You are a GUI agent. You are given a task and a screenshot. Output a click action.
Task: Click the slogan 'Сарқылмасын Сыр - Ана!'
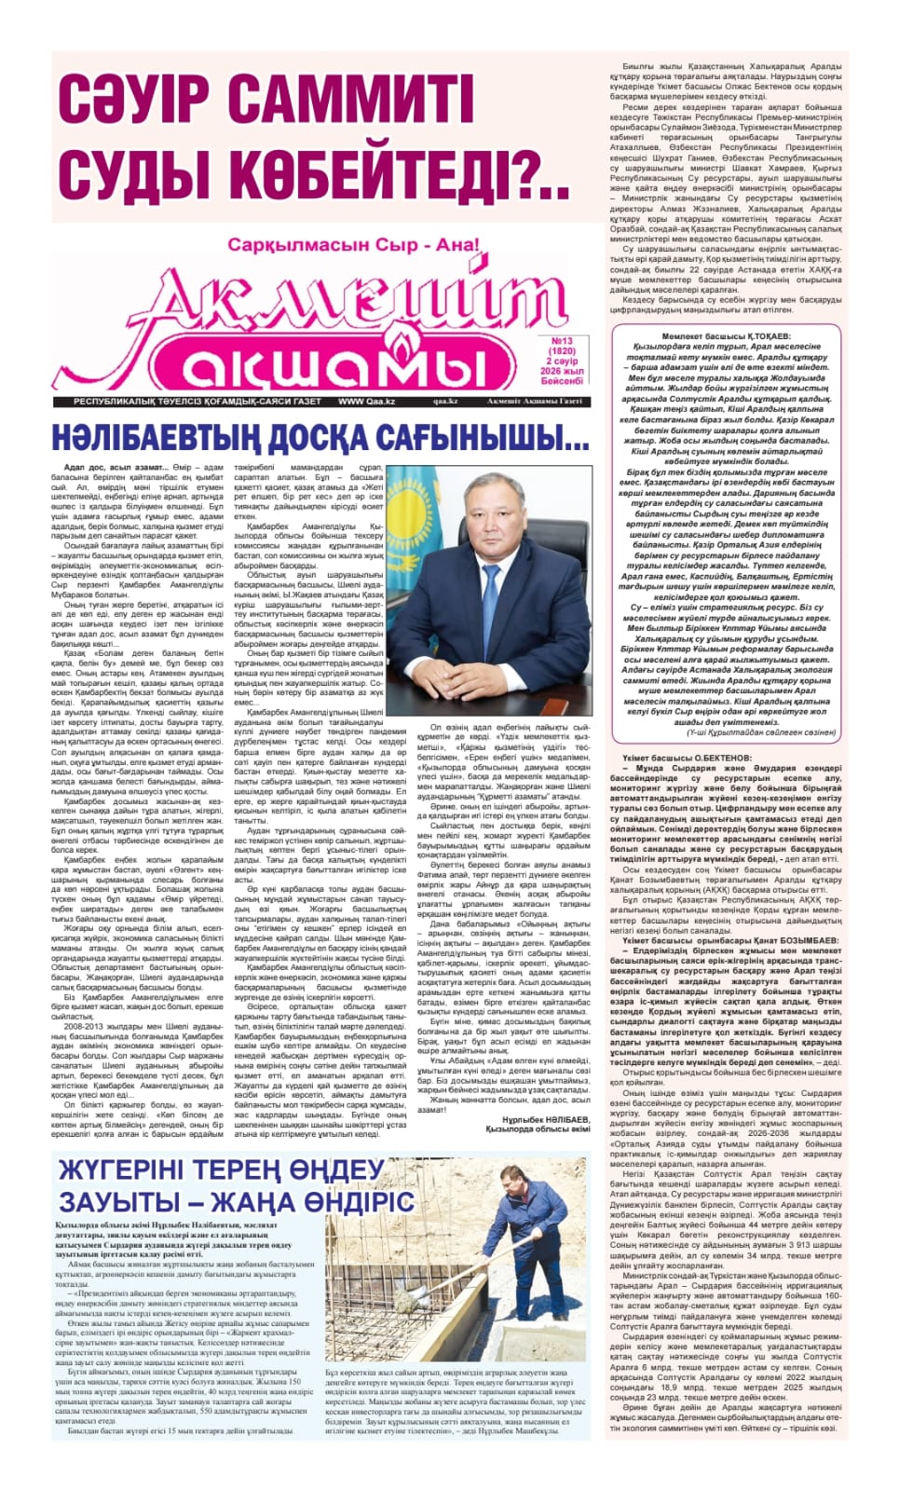click(353, 246)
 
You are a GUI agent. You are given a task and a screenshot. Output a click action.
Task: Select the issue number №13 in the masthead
click(562, 341)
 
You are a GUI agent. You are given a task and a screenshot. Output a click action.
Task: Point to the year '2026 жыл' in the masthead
click(563, 371)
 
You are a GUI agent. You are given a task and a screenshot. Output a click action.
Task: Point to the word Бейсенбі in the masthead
click(563, 381)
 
